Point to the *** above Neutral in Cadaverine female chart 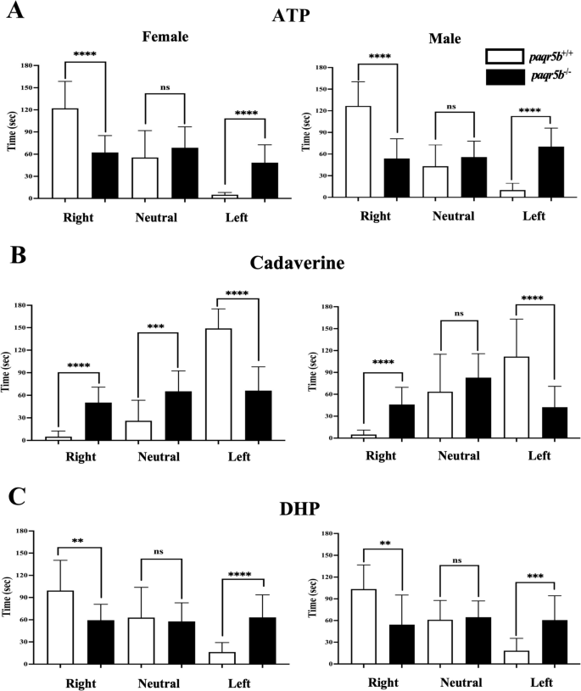(x=158, y=326)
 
